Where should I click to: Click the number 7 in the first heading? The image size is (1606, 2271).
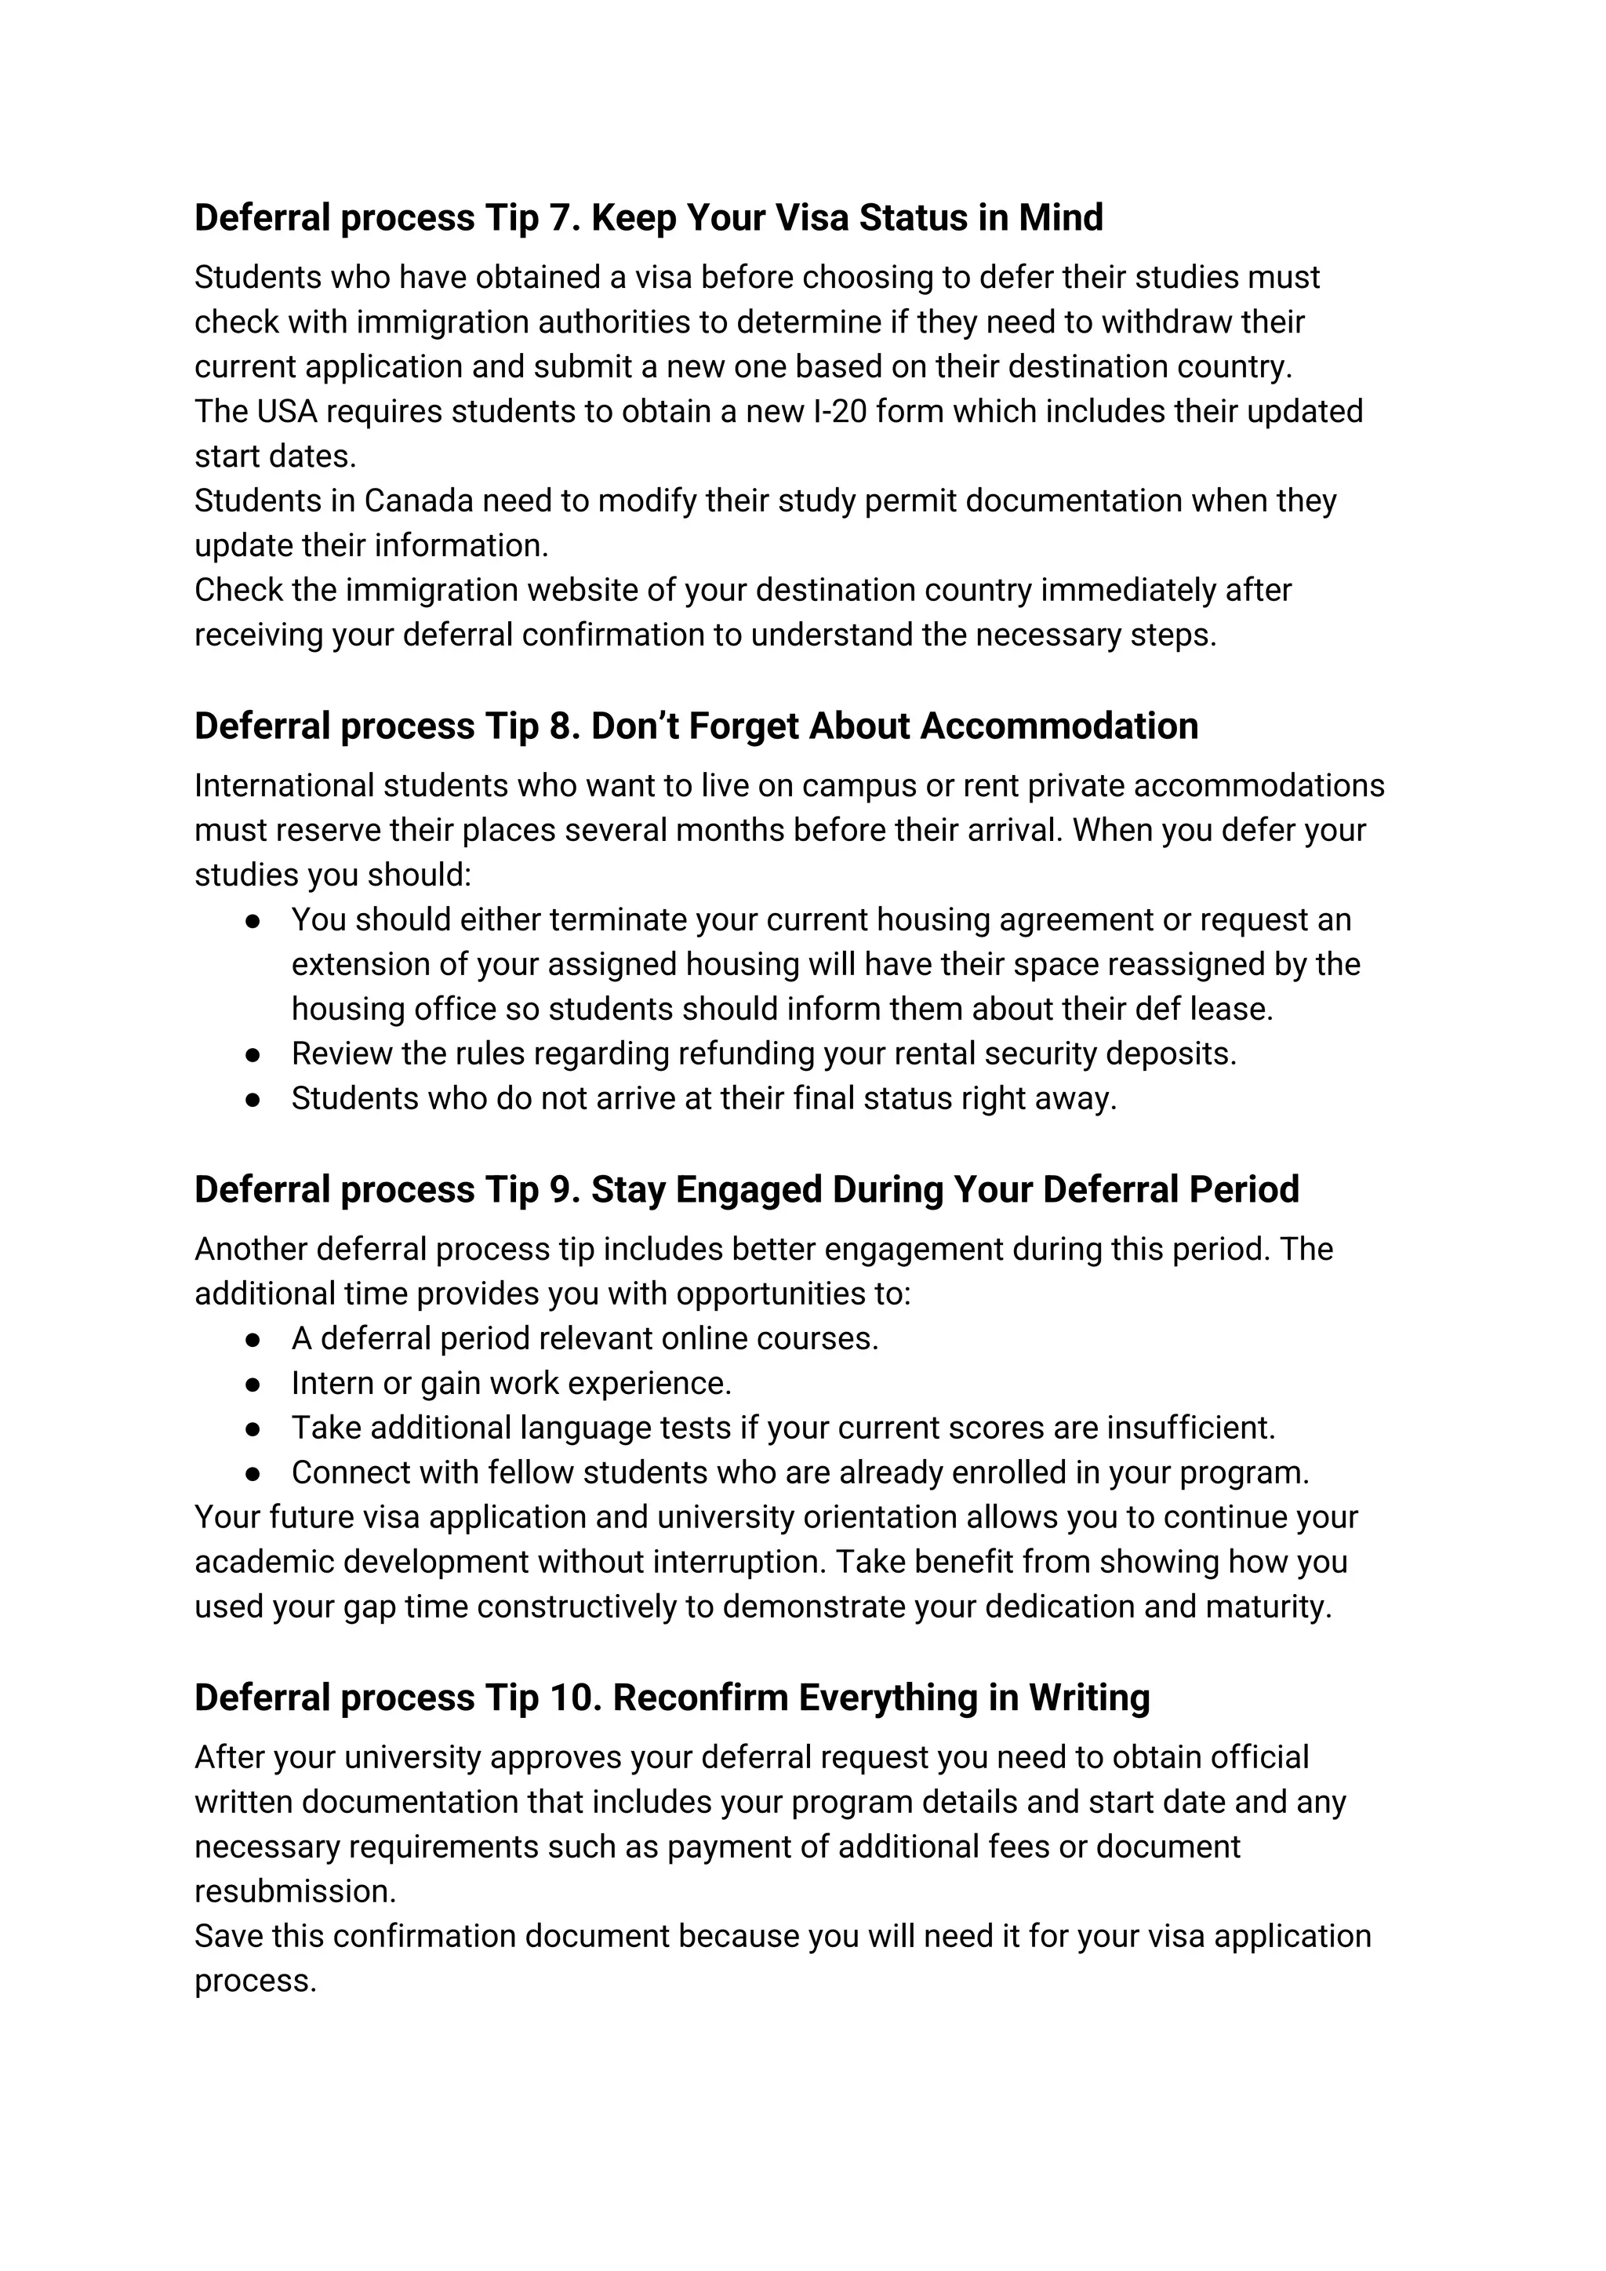tap(560, 219)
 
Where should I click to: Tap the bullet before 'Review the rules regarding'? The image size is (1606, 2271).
tap(253, 1054)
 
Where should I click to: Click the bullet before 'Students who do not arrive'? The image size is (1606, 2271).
tap(253, 1099)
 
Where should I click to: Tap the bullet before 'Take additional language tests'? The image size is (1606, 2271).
tap(253, 1428)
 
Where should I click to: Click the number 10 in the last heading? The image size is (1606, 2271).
tap(572, 1698)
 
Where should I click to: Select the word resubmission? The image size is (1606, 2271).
tap(294, 1891)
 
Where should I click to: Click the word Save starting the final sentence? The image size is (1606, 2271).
tap(228, 1936)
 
